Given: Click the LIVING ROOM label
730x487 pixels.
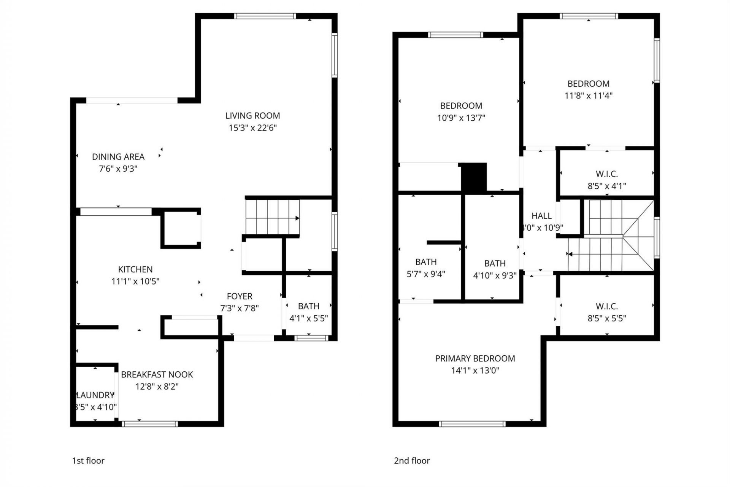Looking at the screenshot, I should click(252, 116).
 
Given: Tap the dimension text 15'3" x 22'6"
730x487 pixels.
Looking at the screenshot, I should click(252, 128).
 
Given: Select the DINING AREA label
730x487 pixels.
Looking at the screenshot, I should click(118, 157).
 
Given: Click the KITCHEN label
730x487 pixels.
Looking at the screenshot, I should click(135, 269).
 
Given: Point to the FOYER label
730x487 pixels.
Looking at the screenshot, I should click(240, 296).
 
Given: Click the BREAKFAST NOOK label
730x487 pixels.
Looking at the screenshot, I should click(157, 374).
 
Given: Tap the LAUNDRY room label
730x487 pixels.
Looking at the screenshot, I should click(95, 395).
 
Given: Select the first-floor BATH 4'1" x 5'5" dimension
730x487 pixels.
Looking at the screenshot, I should click(308, 318).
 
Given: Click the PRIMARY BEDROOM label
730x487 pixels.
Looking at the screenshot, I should click(475, 358).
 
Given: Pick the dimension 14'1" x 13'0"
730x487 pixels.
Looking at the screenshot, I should click(475, 370).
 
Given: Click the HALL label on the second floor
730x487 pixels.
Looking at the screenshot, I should click(541, 216).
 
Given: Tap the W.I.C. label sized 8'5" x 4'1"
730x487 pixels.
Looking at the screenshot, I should click(607, 174).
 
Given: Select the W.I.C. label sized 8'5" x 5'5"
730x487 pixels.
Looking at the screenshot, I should click(607, 306).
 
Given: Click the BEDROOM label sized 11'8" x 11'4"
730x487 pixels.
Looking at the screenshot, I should click(588, 84).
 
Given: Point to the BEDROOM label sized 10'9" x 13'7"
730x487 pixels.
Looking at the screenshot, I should click(461, 106).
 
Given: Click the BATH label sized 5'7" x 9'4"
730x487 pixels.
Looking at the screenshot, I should click(426, 262).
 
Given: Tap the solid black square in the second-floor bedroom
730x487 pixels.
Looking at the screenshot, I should click(474, 177).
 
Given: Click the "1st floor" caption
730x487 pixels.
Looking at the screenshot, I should click(88, 461).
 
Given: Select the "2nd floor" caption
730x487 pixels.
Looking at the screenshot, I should click(412, 461).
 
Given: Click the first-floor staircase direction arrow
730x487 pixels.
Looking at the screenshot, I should click(297, 218).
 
